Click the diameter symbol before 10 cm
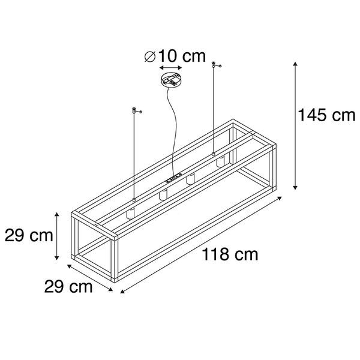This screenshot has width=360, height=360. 151,58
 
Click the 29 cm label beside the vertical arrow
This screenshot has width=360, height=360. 27,235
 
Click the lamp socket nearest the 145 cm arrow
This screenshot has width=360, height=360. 221,162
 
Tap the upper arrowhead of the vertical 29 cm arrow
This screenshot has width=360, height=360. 58,214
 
